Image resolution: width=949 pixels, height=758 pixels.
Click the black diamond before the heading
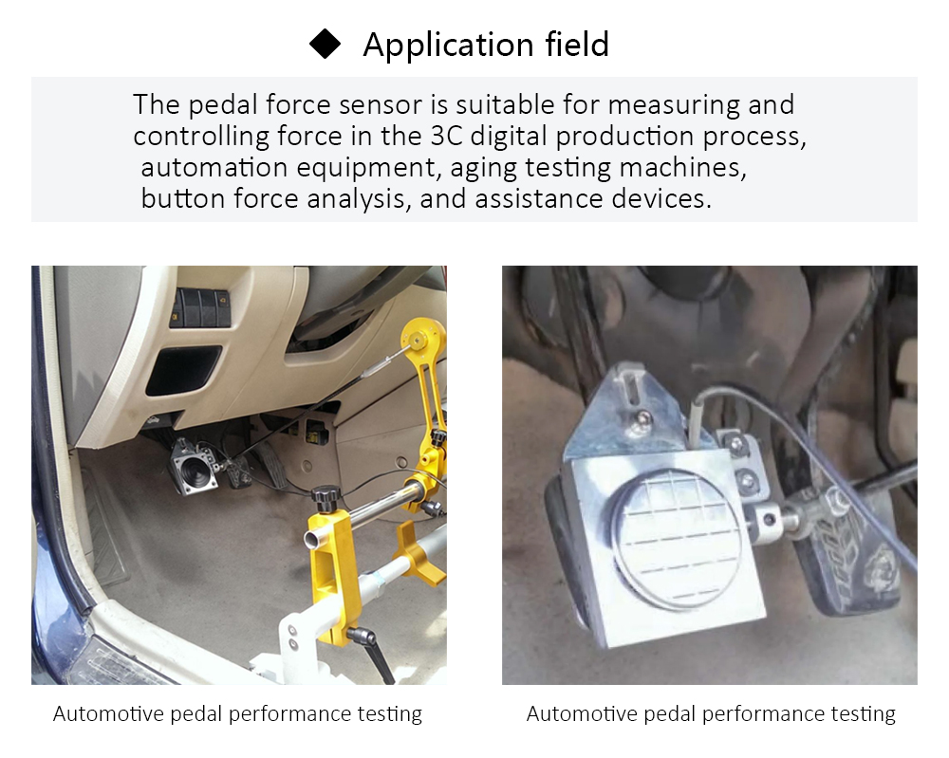pos(326,45)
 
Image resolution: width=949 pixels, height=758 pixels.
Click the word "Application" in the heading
pos(437,46)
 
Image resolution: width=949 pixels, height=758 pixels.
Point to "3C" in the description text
pos(437,136)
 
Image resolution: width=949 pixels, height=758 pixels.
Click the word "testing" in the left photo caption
pos(389,713)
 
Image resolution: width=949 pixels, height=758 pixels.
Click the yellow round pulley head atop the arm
pos(423,336)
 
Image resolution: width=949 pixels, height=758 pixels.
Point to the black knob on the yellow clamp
pos(326,496)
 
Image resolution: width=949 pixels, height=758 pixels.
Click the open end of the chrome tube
pos(311,541)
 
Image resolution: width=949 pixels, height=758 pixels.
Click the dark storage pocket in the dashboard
pos(183,369)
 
